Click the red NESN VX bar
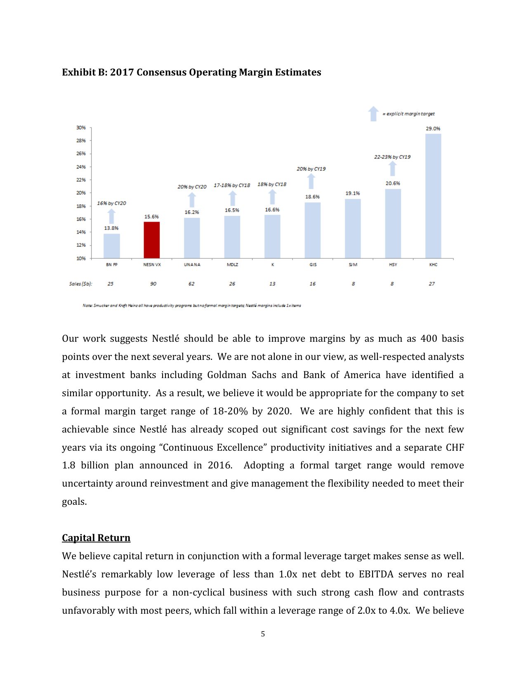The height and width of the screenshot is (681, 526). coord(151,240)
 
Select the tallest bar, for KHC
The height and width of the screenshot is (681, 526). coord(433,196)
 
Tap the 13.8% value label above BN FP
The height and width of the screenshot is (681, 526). coord(111,228)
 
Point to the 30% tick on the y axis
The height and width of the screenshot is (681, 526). coord(81,128)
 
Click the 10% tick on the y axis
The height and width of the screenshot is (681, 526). coord(81,258)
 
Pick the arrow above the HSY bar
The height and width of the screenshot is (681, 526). coord(393,169)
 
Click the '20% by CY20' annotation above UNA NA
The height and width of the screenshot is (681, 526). coord(192,187)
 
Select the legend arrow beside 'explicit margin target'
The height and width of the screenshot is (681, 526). coord(373,114)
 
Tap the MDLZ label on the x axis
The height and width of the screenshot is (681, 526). coord(232,265)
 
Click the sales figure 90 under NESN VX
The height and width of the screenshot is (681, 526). coord(153,284)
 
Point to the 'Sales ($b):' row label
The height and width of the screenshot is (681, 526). coord(80,284)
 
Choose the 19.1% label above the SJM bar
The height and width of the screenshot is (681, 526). coord(352,193)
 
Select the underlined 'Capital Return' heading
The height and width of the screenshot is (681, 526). coord(96,538)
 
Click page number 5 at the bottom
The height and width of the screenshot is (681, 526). coord(263,634)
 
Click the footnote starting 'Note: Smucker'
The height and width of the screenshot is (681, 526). coord(191,306)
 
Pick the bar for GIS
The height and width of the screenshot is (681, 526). coord(312,230)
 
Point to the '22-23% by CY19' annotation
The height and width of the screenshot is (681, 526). coord(392,157)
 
